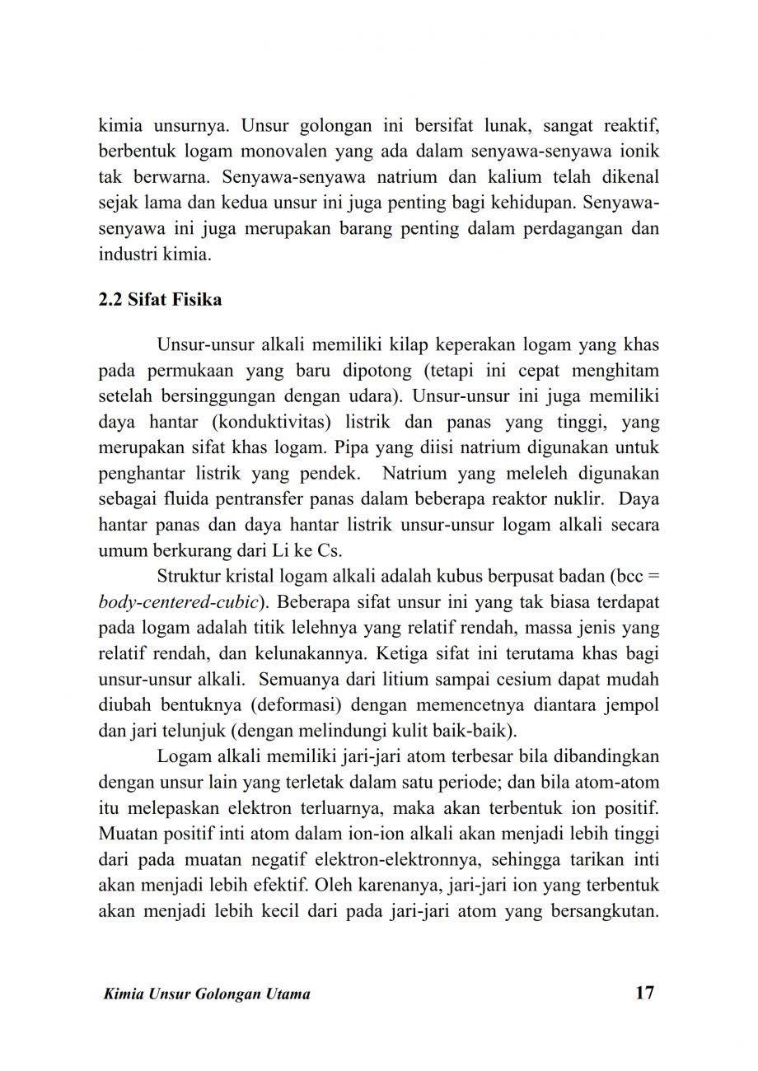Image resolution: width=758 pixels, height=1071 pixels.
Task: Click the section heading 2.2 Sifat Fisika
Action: pyautogui.click(x=160, y=300)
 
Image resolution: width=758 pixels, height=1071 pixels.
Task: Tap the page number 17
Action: pyautogui.click(x=645, y=992)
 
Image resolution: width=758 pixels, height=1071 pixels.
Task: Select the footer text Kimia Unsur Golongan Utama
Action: pyautogui.click(x=204, y=994)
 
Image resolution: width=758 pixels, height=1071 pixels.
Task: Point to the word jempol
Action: pyautogui.click(x=632, y=708)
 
